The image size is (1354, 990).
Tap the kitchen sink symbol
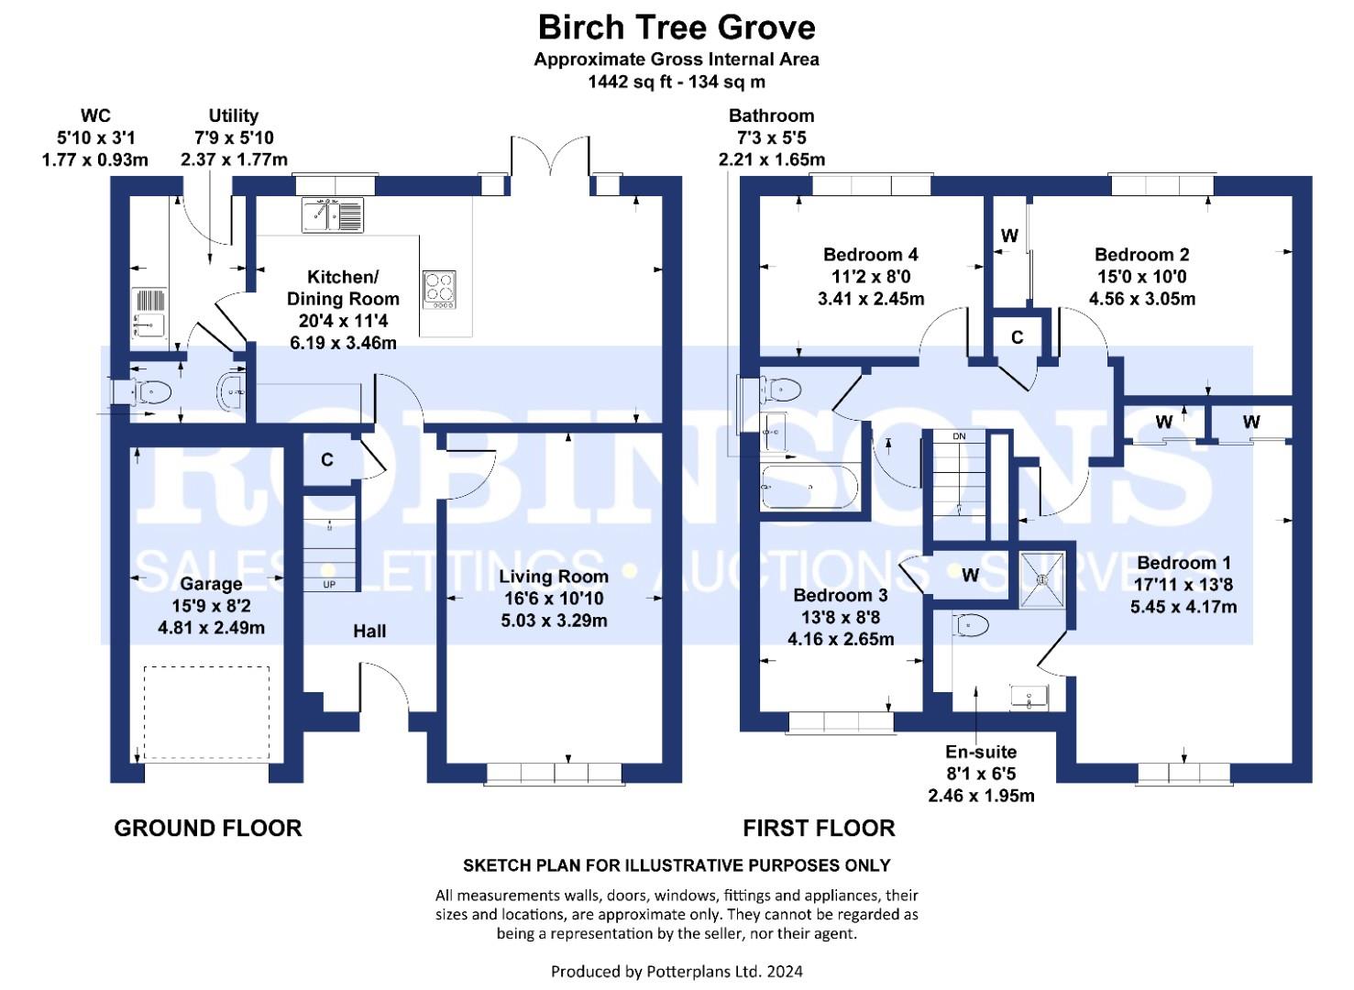(x=332, y=214)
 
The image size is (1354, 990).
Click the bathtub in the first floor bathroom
(x=809, y=487)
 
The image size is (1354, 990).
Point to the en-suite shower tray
(x=1042, y=578)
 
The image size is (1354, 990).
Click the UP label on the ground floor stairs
(x=328, y=584)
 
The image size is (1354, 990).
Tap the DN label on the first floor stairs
(x=959, y=436)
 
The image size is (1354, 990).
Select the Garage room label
(x=211, y=584)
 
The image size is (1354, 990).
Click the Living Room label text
(x=554, y=577)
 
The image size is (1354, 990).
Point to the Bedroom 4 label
(x=870, y=255)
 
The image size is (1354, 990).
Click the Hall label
(x=369, y=631)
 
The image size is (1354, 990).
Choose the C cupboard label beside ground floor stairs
(x=327, y=460)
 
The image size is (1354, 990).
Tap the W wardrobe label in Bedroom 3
(x=970, y=576)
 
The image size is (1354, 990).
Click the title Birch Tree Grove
(x=677, y=27)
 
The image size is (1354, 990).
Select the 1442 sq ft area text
(x=677, y=82)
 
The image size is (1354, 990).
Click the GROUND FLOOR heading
(x=208, y=828)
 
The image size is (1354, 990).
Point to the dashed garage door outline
(x=206, y=712)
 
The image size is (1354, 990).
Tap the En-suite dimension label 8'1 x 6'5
(x=981, y=774)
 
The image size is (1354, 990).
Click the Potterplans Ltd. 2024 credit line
(x=677, y=971)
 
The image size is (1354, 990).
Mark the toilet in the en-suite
(x=972, y=625)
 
